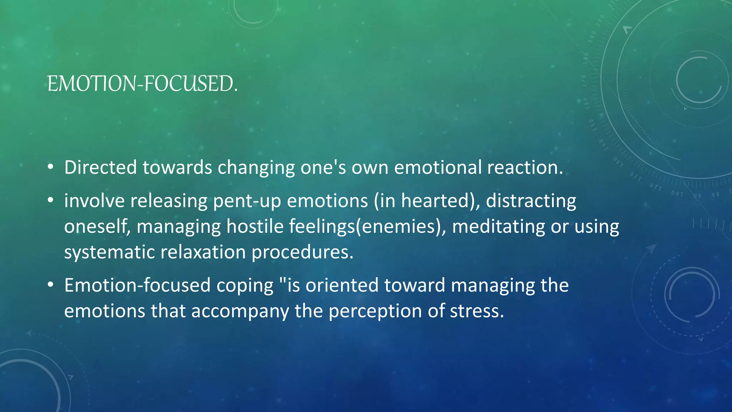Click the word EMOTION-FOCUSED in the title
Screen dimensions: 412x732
pyautogui.click(x=142, y=84)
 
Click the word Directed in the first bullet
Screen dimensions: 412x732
pyautogui.click(x=100, y=167)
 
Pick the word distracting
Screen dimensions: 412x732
pyautogui.click(x=531, y=201)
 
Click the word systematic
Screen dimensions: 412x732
pyautogui.click(x=109, y=252)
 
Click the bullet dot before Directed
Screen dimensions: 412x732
pyautogui.click(x=51, y=167)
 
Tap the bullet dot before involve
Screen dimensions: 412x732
pyautogui.click(x=51, y=200)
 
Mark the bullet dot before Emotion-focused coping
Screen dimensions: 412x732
pyautogui.click(x=51, y=285)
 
